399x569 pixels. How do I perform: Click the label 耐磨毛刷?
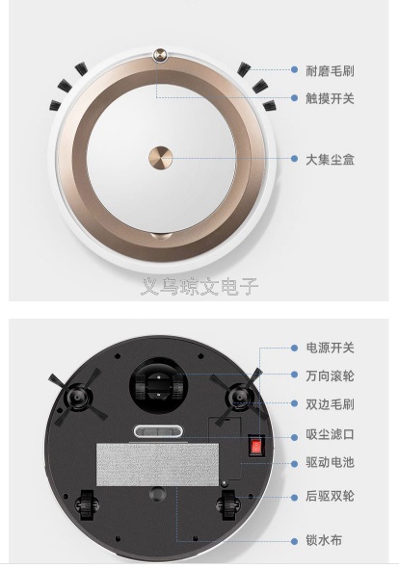330,70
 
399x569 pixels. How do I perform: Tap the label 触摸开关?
330,98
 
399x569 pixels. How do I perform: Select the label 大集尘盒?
330,159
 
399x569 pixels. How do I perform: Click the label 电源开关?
330,348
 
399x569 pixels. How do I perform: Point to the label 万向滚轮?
330,375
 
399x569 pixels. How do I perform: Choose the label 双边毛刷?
330,404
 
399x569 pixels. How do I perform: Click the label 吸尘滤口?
330,434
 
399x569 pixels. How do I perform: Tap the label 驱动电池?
330,462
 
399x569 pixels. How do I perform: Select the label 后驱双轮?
330,496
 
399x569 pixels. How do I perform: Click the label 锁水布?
324,540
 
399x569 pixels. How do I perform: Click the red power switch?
256,446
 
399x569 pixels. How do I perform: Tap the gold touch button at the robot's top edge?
160,55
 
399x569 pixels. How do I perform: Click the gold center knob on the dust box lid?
160,158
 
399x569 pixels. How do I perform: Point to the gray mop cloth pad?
157,464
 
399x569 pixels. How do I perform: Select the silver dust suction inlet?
158,431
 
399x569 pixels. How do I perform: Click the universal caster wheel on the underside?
159,386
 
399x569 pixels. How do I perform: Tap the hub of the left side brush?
77,396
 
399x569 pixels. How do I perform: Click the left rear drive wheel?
87,504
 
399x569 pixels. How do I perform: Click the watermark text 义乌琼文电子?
199,287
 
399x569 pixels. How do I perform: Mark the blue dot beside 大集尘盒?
294,158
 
